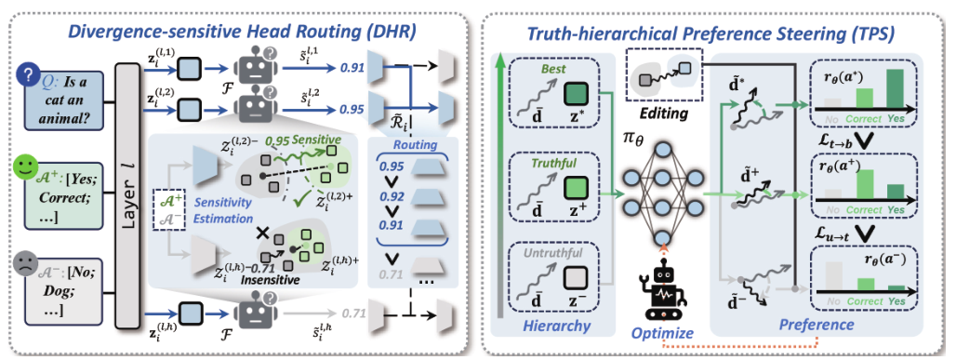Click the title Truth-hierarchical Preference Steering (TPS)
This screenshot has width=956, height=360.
click(710, 33)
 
